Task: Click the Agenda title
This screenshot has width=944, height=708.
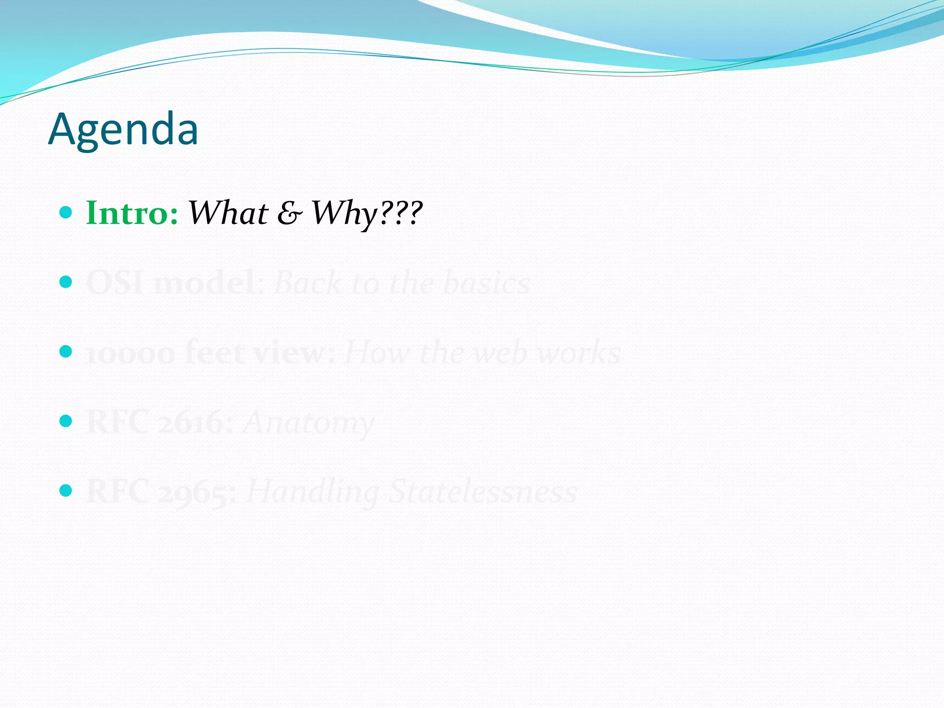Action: tap(123, 130)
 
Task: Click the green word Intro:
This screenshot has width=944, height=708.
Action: tap(132, 213)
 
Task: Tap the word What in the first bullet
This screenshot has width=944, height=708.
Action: tap(228, 213)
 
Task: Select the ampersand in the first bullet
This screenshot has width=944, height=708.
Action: tap(289, 213)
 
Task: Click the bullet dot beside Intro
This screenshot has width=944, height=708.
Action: tap(66, 212)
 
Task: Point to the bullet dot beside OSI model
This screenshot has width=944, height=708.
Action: tap(66, 282)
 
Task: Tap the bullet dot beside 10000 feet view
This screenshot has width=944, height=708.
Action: tap(66, 352)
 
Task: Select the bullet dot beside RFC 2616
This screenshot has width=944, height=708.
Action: tap(66, 421)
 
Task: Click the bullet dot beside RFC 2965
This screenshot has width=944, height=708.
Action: tap(66, 490)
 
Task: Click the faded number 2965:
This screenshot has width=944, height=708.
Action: tap(197, 492)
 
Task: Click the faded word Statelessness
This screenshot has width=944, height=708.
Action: tap(483, 492)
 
